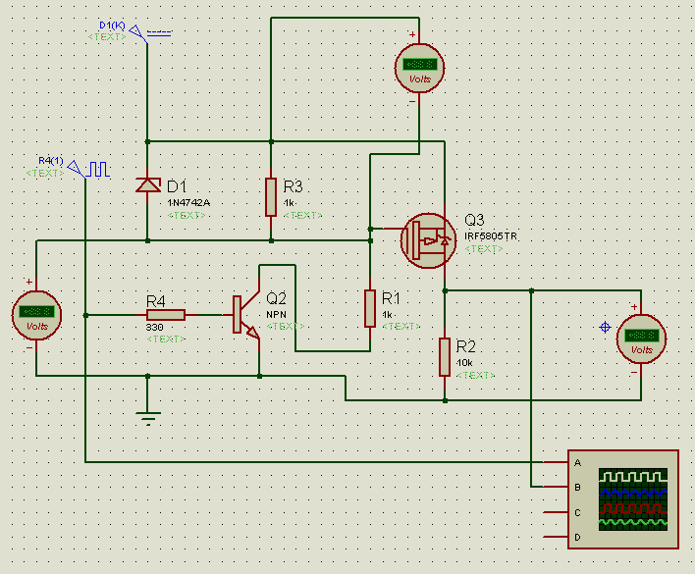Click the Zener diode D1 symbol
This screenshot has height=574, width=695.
[147, 184]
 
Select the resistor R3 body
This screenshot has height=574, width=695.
[271, 196]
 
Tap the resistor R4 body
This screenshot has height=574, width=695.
[166, 315]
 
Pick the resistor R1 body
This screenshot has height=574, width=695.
[370, 308]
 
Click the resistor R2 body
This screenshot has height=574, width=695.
[445, 357]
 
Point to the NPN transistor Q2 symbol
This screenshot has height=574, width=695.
[245, 316]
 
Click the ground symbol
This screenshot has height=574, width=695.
[147, 417]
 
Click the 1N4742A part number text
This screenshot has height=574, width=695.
[188, 202]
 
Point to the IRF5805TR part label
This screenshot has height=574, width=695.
[491, 236]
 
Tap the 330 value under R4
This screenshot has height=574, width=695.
[154, 327]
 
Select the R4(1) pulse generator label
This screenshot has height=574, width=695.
[50, 160]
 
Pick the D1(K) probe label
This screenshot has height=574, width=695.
[110, 24]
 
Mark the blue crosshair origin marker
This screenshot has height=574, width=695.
[605, 326]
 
